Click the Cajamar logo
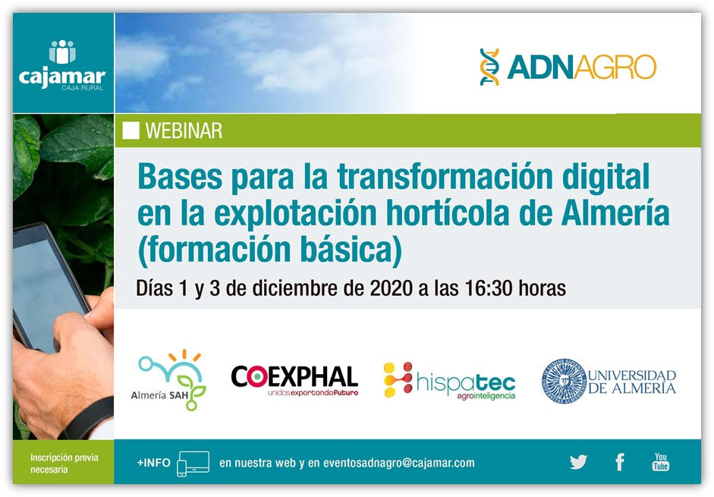click(x=62, y=65)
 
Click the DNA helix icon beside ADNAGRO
click(x=490, y=67)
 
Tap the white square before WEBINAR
click(x=131, y=131)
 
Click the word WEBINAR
click(x=184, y=131)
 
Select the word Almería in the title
click(x=615, y=213)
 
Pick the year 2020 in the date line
click(x=392, y=288)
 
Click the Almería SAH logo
click(x=168, y=380)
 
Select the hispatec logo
click(x=449, y=381)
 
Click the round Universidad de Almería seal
click(x=564, y=382)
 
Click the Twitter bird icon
click(x=578, y=462)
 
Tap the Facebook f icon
click(x=620, y=462)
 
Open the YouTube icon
click(x=661, y=461)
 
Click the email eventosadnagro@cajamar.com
click(x=399, y=463)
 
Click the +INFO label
click(x=153, y=463)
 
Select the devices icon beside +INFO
click(x=193, y=464)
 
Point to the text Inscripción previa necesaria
click(x=64, y=464)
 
